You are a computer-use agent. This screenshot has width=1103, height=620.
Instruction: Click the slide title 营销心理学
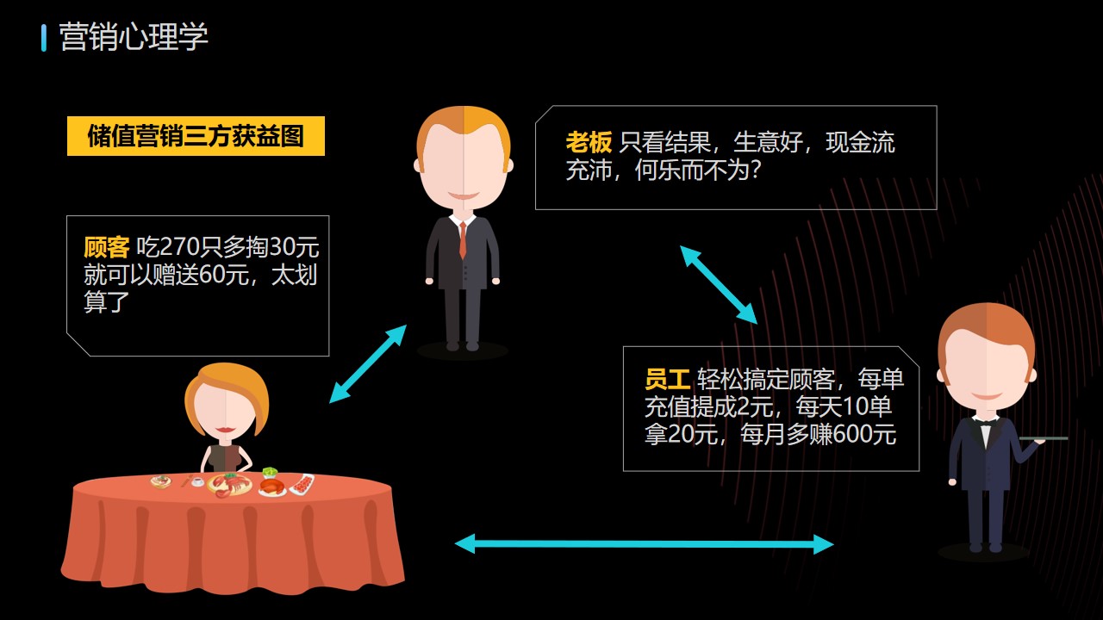134,36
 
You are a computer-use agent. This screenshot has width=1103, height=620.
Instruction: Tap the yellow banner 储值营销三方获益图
196,136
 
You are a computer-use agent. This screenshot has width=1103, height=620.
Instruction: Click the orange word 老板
589,143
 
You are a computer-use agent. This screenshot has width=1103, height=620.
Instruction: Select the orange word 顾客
107,247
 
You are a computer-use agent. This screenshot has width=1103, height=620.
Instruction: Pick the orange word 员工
668,379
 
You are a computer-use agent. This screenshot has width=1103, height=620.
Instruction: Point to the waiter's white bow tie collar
985,427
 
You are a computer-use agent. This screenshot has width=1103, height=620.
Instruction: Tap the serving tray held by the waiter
1044,438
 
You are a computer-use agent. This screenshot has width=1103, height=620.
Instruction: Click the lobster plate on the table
229,485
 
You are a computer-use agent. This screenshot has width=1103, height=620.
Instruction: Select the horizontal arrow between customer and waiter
644,544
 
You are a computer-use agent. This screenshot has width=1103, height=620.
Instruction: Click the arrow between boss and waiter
719,285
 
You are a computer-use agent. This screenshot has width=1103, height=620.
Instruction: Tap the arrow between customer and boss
368,363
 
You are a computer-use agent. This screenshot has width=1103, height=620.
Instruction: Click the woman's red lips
225,430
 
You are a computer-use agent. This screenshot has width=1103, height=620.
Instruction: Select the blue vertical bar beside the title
44,38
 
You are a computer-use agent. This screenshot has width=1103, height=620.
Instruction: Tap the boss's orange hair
463,129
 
